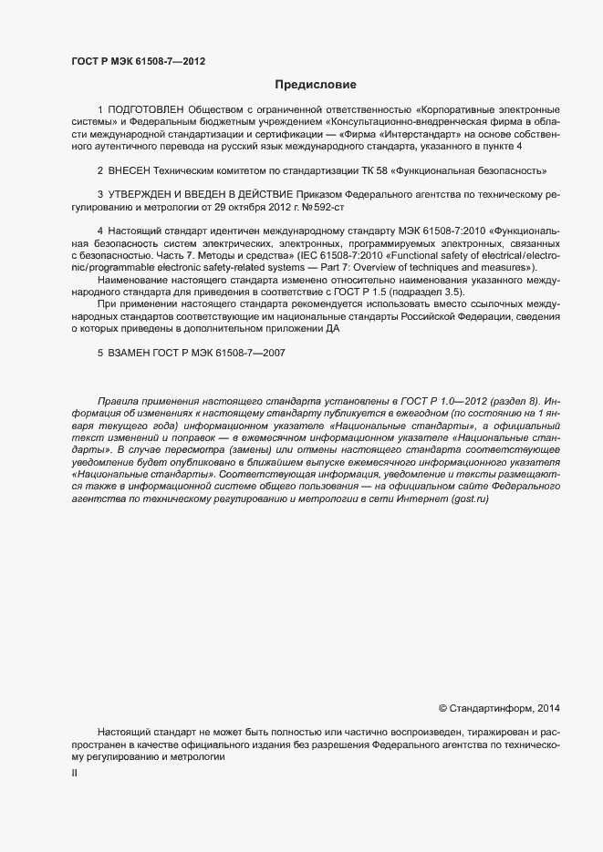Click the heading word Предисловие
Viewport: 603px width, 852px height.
coord(316,85)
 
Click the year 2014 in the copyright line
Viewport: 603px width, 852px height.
coord(549,707)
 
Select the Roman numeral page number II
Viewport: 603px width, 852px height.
coord(74,773)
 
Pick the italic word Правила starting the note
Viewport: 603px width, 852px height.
coord(119,401)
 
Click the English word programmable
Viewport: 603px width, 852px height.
coord(120,266)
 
